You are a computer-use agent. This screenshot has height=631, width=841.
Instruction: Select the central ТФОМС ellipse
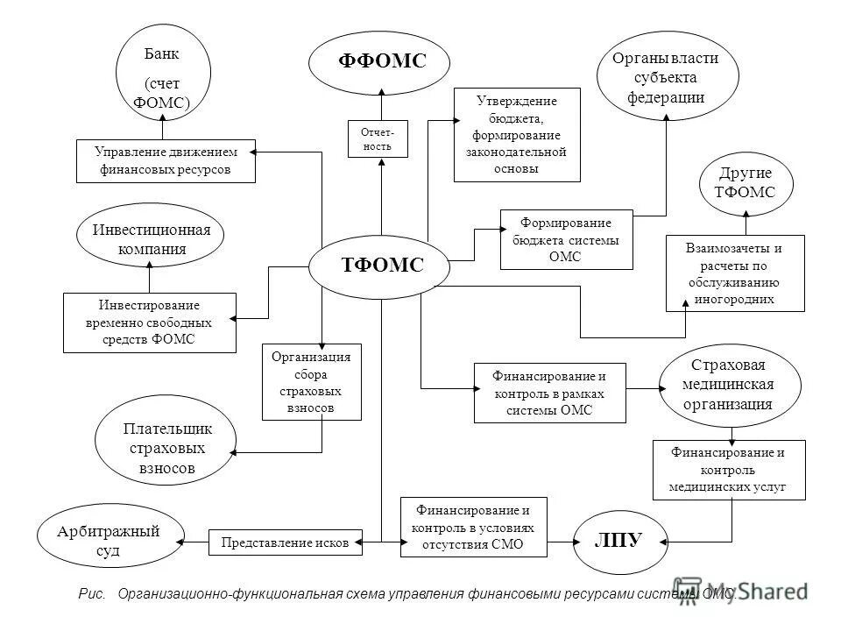coord(381,266)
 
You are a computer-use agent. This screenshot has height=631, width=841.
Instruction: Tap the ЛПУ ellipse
coord(618,540)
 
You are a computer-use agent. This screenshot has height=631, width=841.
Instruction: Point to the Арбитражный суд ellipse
coord(111,539)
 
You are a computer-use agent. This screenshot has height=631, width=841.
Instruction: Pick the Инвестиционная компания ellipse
coord(151,238)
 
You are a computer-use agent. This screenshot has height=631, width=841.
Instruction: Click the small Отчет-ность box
coord(378,138)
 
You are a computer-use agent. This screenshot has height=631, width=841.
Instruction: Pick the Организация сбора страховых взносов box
coord(311,382)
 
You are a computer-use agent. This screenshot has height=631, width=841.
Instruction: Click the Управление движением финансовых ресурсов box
coord(166,161)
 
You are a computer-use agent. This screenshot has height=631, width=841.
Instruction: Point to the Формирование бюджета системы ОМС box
coord(566,238)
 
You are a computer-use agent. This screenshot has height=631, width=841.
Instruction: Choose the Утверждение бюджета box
coord(517,134)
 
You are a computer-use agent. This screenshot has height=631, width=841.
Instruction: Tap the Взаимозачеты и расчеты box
coord(734,273)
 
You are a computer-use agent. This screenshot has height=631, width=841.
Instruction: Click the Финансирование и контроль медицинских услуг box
coord(729,470)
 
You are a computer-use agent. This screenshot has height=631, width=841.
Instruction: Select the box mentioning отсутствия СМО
coord(473,528)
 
